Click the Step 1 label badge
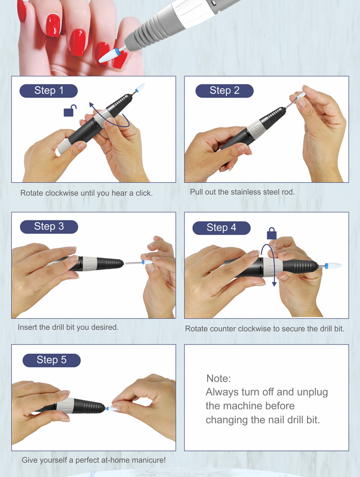pos(49,91)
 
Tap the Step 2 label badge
pos(225,91)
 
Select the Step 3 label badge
pos(49,227)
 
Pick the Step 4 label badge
pos(221,228)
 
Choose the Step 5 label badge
pos(52,360)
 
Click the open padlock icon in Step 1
pos(70,111)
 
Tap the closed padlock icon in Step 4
pos(272,233)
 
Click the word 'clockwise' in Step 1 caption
pos(62,193)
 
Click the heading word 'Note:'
pos(218,378)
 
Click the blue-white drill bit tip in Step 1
pos(140,87)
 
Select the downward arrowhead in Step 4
pos(274,284)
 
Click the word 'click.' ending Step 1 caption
pos(144,193)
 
